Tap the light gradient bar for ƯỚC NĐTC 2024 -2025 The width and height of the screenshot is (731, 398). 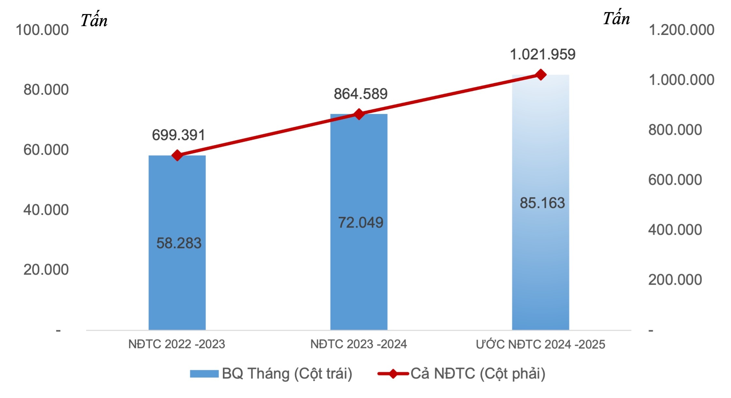541,261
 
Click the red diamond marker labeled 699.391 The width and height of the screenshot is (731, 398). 177,155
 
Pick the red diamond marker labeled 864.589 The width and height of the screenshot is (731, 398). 359,114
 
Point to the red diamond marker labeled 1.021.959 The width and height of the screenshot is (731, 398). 541,75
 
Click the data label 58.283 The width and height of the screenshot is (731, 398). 179,243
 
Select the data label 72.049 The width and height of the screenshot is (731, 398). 360,223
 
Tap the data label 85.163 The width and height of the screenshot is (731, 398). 542,203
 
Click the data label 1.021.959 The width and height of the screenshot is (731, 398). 542,55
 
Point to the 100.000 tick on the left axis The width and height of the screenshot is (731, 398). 42,30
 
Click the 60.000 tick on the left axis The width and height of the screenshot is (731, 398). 46,150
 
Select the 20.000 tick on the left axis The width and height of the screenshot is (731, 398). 46,270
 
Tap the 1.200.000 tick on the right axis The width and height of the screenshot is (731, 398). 681,30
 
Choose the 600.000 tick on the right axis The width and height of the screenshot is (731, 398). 675,180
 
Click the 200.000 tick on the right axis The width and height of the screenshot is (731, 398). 675,280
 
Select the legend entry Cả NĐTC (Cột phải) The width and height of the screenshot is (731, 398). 461,374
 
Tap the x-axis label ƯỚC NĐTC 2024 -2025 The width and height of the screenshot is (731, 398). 541,344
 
